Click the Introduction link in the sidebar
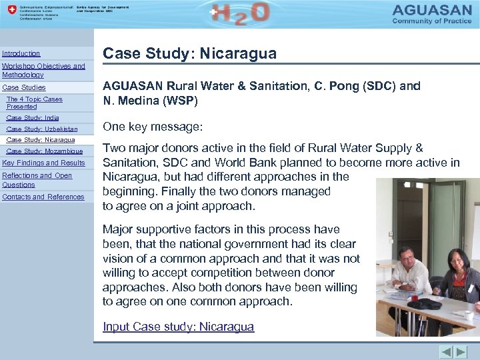click(x=21, y=53)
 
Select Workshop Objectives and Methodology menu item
click(x=43, y=71)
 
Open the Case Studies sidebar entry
click(x=24, y=87)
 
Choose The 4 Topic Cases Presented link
click(x=34, y=103)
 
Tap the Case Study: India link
click(x=33, y=118)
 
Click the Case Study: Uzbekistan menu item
click(x=42, y=129)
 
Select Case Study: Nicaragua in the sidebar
click(x=41, y=140)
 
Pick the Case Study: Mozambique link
click(x=45, y=151)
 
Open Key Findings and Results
click(x=44, y=163)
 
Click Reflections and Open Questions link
click(x=37, y=180)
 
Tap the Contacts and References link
click(x=43, y=197)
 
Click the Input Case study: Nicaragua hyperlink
click(x=178, y=327)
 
